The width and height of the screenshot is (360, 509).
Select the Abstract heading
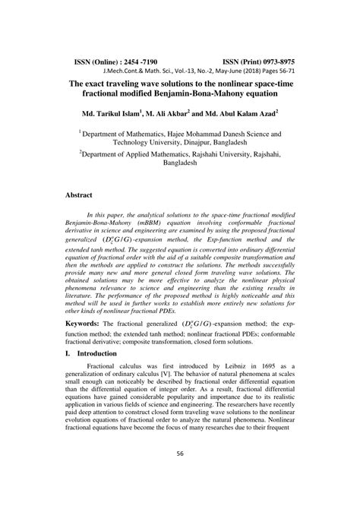click(x=78, y=195)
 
